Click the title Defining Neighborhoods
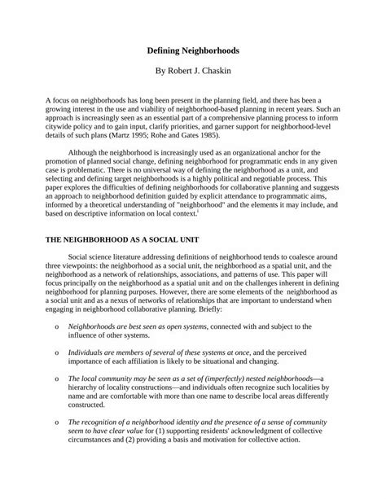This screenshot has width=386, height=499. point(192,50)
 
